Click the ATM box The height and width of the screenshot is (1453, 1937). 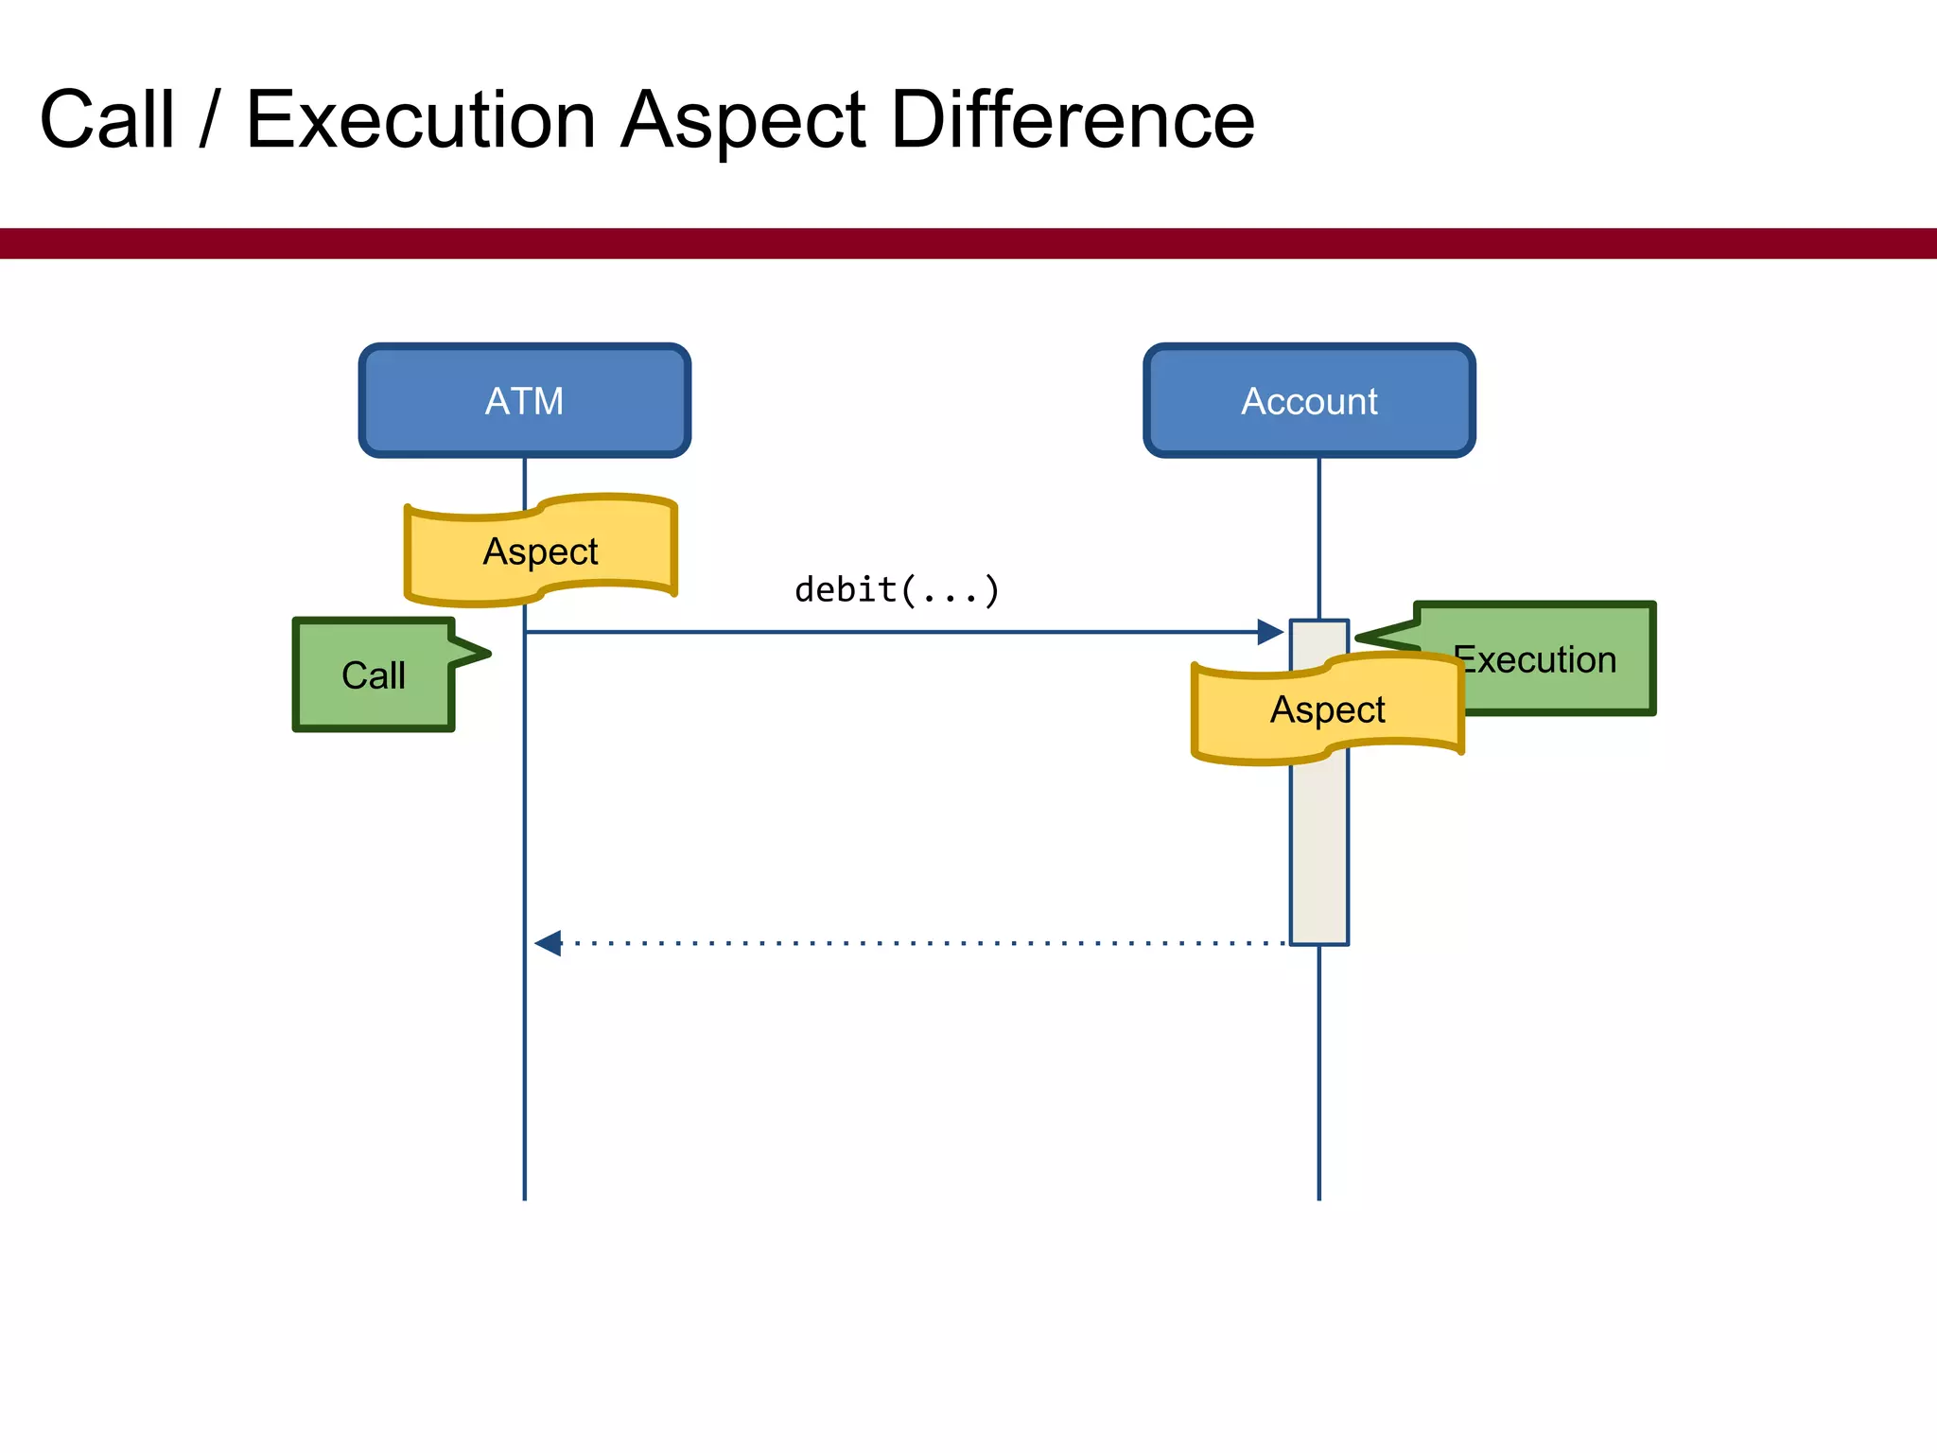(x=524, y=401)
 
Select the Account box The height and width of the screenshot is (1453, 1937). (x=1309, y=401)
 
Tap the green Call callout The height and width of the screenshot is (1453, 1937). (x=374, y=675)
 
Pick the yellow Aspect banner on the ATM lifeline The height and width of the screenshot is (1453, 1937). (x=540, y=551)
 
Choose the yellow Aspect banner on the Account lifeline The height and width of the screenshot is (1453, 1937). (x=1327, y=709)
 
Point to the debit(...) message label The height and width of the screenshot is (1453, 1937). (x=897, y=590)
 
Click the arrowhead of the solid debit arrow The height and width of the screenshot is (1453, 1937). (x=1271, y=632)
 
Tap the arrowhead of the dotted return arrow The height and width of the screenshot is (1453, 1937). (x=548, y=943)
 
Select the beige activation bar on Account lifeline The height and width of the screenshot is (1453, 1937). (x=1318, y=851)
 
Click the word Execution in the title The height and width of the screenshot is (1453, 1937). (x=420, y=120)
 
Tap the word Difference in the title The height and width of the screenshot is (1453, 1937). (x=1073, y=120)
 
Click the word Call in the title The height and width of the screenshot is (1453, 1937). (x=107, y=120)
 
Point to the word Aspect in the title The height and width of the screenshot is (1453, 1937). (x=743, y=120)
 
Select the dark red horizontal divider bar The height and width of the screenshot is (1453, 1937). (x=968, y=243)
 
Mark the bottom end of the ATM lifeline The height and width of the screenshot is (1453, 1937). (x=524, y=1198)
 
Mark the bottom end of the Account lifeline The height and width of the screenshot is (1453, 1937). (x=1318, y=1198)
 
